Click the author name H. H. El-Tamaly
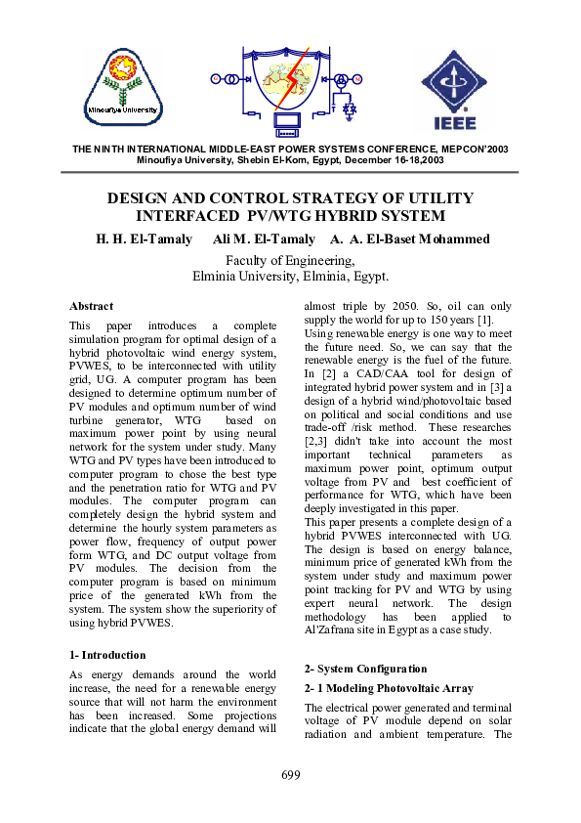tap(143, 239)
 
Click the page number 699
tap(290, 775)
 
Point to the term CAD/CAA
tap(388, 374)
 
